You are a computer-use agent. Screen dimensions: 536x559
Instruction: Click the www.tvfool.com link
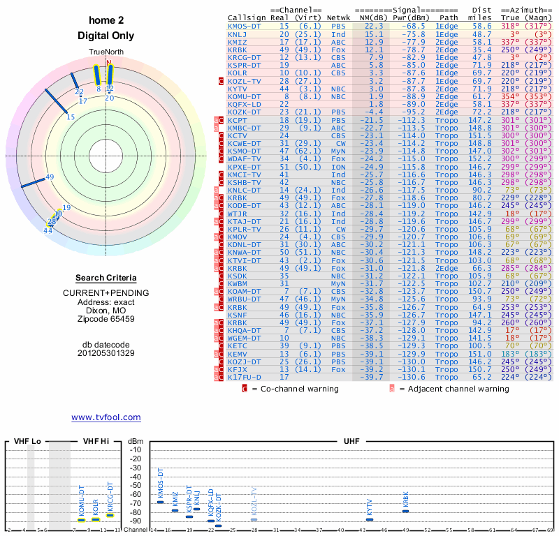point(106,417)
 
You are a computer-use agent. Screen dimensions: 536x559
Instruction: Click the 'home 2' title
point(106,21)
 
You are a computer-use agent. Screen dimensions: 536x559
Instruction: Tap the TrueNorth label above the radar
point(106,52)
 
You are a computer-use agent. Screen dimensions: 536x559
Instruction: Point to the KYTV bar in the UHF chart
point(370,519)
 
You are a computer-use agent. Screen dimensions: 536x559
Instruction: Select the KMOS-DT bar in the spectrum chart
point(160,502)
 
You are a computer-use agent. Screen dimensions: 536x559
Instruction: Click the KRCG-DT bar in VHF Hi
point(110,515)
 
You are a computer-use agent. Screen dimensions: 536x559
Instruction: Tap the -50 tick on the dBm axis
point(135,485)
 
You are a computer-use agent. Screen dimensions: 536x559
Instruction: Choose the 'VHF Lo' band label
point(28,441)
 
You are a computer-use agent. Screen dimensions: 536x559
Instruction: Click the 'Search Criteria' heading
point(106,278)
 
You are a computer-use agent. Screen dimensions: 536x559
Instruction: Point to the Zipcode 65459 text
point(106,319)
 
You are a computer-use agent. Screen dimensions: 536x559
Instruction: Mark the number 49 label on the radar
point(50,177)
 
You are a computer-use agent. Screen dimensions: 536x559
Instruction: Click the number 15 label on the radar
point(71,117)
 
